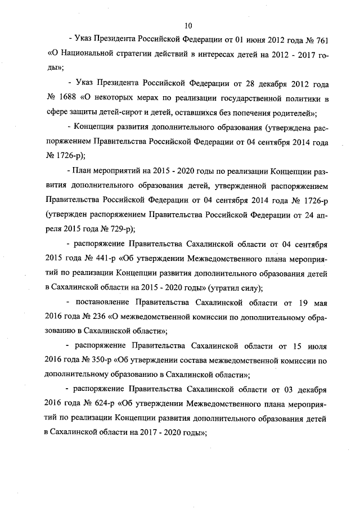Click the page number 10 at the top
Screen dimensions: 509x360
(x=188, y=25)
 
